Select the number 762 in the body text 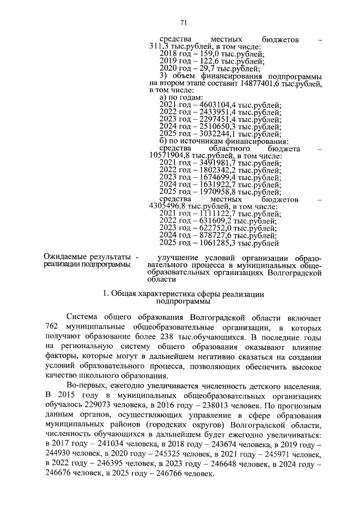coord(52,327)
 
